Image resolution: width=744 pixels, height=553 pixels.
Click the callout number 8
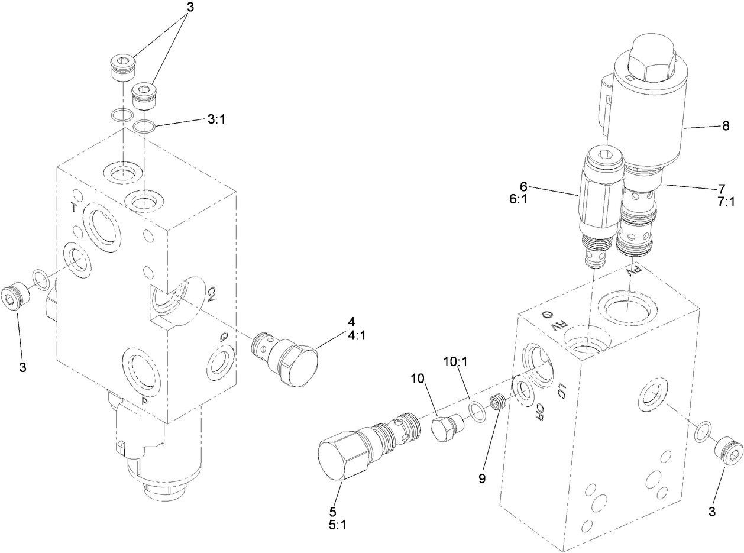[x=725, y=125]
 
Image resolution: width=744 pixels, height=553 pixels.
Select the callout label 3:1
[x=216, y=119]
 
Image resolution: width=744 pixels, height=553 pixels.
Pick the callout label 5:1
[x=333, y=524]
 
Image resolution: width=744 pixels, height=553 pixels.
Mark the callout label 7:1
[x=725, y=202]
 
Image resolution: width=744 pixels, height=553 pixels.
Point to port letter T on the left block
[x=73, y=206]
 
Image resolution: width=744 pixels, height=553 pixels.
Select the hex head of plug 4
[x=300, y=365]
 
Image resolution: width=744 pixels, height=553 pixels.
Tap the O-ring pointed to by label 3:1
[x=144, y=126]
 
